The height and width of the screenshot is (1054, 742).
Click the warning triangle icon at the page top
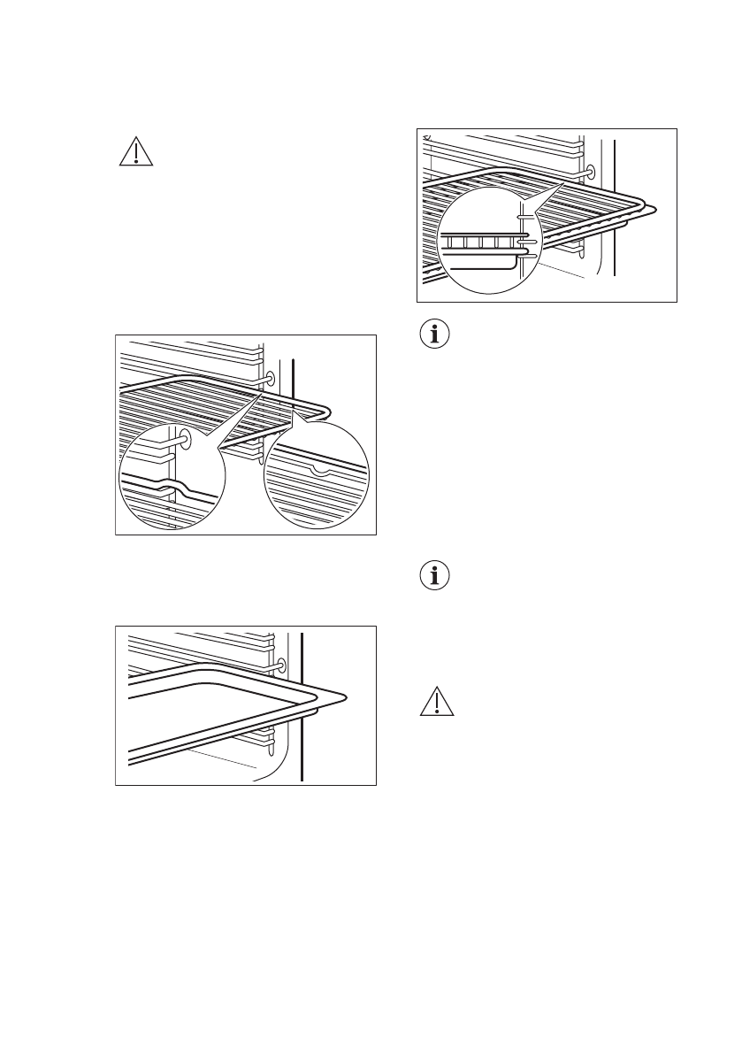tap(135, 153)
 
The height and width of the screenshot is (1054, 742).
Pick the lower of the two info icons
tap(434, 577)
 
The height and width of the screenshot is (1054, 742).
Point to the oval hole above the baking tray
tap(280, 664)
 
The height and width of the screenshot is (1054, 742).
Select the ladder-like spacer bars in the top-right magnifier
tap(482, 242)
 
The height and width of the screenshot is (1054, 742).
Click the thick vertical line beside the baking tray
tap(302, 708)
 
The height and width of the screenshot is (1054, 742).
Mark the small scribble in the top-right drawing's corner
tap(426, 137)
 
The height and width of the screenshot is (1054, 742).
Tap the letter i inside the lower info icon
tap(434, 578)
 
